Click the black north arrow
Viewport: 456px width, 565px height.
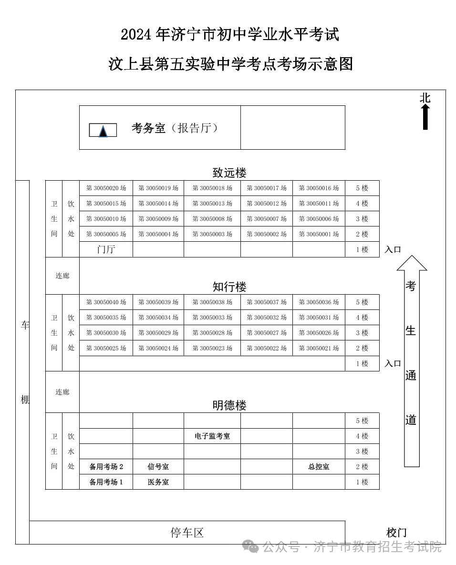click(x=425, y=116)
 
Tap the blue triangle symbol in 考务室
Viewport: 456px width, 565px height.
click(x=103, y=131)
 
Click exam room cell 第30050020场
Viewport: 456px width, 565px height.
click(x=106, y=188)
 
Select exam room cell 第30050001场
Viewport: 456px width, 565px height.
click(x=319, y=234)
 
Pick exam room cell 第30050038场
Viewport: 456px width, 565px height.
click(x=212, y=302)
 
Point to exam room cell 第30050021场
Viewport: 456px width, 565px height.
click(x=319, y=348)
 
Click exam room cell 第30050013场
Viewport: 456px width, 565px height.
click(x=212, y=204)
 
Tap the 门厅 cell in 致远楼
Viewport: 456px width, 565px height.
click(x=106, y=249)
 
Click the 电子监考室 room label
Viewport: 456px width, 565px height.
click(x=212, y=436)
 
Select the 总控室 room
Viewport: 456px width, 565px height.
click(x=319, y=467)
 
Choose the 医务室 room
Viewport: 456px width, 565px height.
click(x=158, y=482)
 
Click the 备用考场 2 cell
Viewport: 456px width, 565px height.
click(x=106, y=467)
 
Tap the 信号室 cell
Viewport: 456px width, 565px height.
click(x=158, y=467)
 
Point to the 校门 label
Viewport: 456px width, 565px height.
click(x=396, y=533)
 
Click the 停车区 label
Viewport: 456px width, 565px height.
click(x=187, y=533)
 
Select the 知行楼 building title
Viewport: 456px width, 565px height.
click(x=229, y=287)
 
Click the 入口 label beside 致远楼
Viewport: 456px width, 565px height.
click(x=393, y=249)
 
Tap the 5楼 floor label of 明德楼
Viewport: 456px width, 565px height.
click(x=362, y=421)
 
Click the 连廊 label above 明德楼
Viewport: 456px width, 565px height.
click(x=62, y=392)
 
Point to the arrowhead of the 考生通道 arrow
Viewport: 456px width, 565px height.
click(x=412, y=263)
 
